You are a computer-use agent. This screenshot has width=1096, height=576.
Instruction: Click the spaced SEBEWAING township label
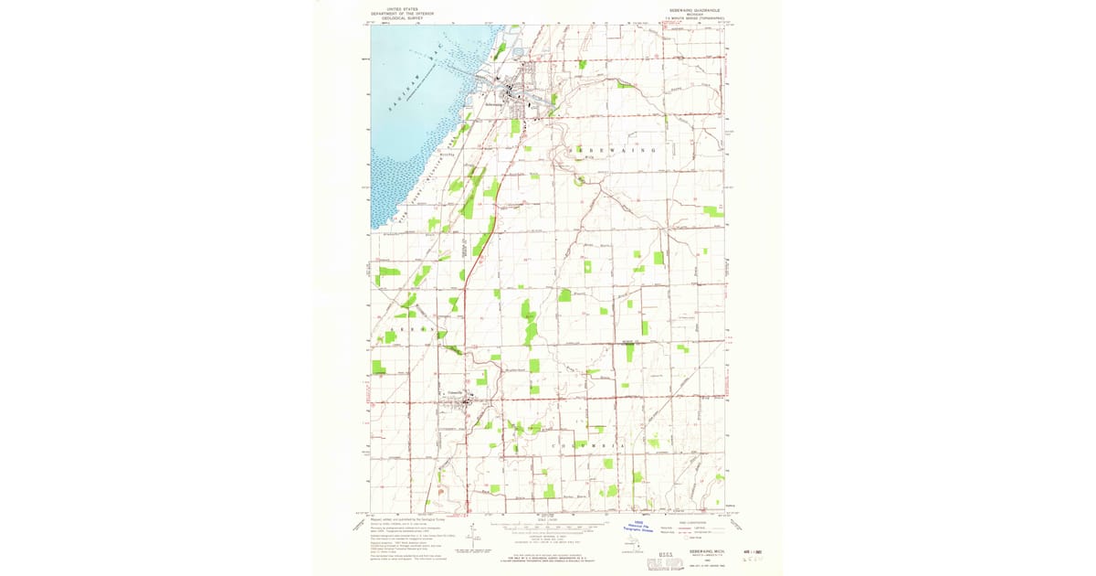coord(613,149)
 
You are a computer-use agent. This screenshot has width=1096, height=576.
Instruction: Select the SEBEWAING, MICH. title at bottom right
coord(704,554)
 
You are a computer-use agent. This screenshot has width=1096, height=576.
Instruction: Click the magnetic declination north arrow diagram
coord(472,534)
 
